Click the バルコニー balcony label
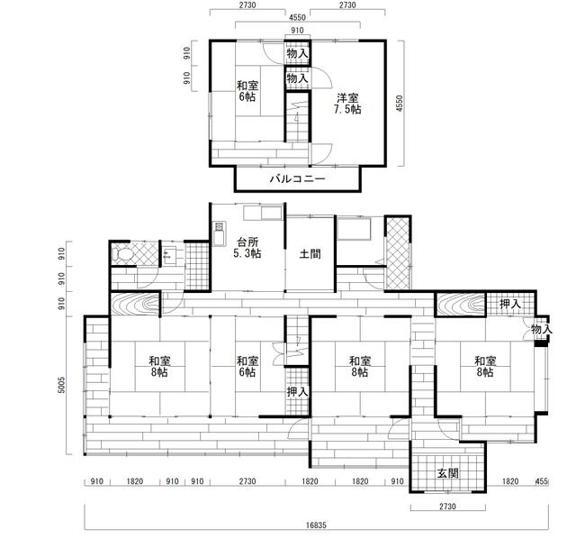click(x=298, y=179)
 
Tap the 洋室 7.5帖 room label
click(x=347, y=104)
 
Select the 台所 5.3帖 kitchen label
click(x=247, y=248)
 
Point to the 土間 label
click(x=310, y=253)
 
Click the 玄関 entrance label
click(x=448, y=473)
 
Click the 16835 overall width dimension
click(x=316, y=525)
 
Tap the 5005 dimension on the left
click(x=62, y=385)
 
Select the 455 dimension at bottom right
click(x=542, y=481)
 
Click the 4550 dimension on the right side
click(x=400, y=104)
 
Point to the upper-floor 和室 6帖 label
click(x=247, y=91)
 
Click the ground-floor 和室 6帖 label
click(x=247, y=367)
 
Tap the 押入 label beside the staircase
click(x=297, y=392)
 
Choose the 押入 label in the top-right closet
click(x=510, y=304)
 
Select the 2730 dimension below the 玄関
click(x=447, y=507)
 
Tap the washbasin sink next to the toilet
click(x=169, y=254)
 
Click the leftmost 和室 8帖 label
click(x=159, y=367)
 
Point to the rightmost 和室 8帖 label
click(x=485, y=367)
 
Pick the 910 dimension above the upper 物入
click(x=297, y=30)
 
